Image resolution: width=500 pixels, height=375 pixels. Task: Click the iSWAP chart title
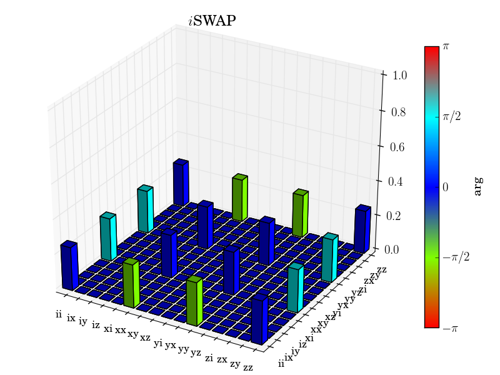coord(212,21)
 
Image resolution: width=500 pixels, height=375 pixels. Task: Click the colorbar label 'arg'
coord(478,186)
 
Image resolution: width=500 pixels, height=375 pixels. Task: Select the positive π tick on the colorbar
coord(446,46)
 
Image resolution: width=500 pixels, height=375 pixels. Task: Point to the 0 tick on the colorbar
coord(446,187)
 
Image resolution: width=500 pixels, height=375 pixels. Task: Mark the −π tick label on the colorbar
coord(450,327)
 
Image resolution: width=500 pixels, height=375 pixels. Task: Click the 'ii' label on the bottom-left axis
coord(59,314)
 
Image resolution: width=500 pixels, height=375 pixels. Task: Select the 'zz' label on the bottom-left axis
coord(248,367)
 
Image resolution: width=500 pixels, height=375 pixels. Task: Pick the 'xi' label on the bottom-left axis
coord(108,328)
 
